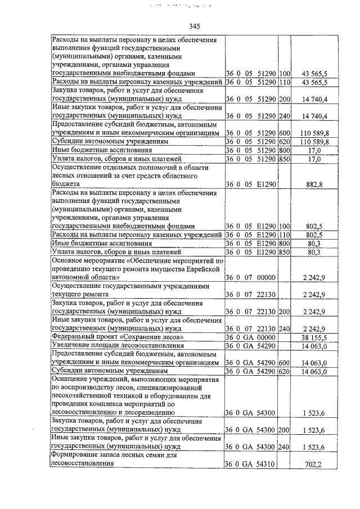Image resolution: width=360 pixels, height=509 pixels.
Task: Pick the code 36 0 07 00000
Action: [250, 278]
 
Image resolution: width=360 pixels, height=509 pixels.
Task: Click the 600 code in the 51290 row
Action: [284, 133]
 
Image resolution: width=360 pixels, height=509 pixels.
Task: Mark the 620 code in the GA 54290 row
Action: [284, 371]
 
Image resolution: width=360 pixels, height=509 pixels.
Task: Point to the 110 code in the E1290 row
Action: [284, 235]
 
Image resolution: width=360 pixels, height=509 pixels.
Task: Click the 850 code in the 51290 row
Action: [284, 159]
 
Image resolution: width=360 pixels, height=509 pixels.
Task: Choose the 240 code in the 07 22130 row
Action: [284, 328]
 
